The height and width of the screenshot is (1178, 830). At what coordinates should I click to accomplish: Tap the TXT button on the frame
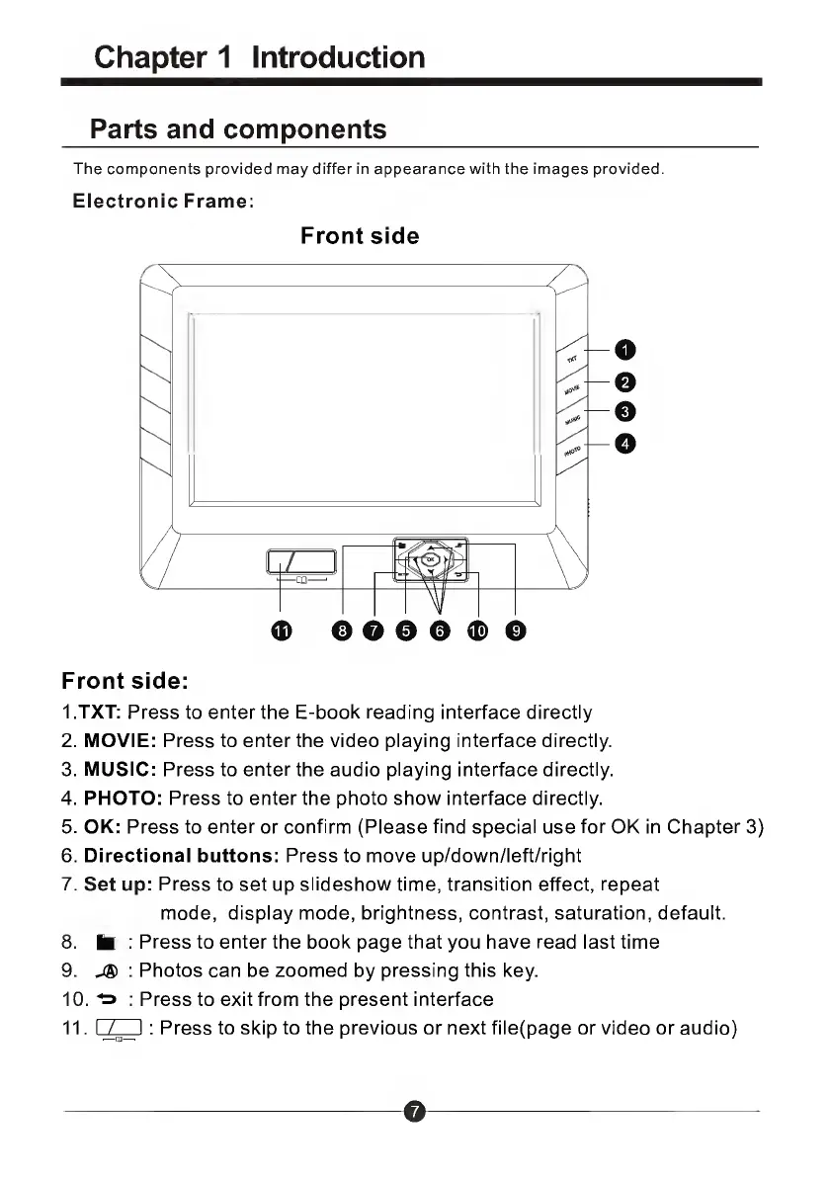tap(572, 362)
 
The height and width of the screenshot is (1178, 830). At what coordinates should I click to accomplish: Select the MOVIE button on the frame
tap(572, 390)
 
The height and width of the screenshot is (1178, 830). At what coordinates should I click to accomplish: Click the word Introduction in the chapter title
tap(339, 57)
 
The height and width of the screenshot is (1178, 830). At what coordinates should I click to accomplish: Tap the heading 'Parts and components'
tap(238, 129)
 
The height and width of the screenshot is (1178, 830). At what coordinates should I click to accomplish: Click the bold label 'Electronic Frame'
tap(161, 201)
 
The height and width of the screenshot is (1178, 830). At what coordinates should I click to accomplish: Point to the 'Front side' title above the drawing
tap(360, 236)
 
